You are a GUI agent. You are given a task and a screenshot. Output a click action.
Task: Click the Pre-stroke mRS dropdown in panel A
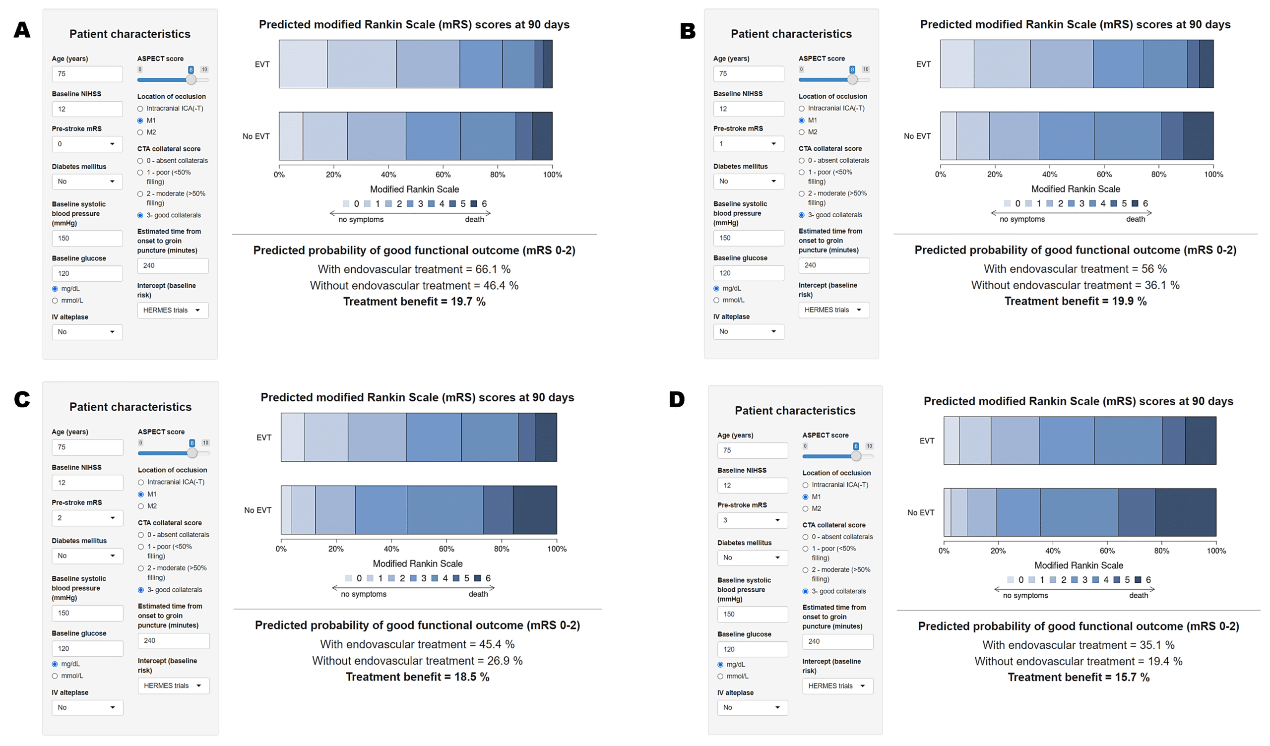(87, 144)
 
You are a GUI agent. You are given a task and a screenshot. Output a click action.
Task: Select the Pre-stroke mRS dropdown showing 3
(753, 520)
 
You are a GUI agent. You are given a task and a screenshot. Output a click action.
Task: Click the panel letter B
(688, 31)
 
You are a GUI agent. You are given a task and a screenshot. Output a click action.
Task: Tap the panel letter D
(677, 400)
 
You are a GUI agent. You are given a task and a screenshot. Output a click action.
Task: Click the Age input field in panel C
(87, 447)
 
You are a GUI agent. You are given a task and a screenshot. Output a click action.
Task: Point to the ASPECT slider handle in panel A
(191, 80)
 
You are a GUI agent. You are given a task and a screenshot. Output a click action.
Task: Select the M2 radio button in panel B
(802, 132)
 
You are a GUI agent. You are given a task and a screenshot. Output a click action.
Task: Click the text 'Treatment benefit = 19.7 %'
(414, 302)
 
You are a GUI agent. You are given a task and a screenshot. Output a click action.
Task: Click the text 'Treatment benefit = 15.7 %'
(1079, 678)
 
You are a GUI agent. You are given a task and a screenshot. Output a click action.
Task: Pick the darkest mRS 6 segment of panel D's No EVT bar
(1185, 512)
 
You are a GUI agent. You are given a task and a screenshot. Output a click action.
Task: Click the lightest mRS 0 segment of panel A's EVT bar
(303, 64)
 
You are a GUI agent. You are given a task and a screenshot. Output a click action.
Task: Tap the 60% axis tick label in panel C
(446, 549)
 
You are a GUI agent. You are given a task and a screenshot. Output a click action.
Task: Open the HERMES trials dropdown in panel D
(837, 686)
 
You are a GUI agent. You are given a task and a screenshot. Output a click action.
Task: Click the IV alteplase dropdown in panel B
(749, 332)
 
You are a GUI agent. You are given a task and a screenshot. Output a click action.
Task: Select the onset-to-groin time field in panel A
(173, 266)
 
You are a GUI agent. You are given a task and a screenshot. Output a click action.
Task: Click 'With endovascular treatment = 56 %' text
(1075, 269)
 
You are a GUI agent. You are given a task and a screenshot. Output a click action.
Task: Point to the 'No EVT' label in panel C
(258, 510)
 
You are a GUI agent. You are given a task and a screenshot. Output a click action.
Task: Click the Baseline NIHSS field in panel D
(753, 486)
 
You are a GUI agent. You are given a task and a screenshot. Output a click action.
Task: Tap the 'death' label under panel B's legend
(1136, 219)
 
